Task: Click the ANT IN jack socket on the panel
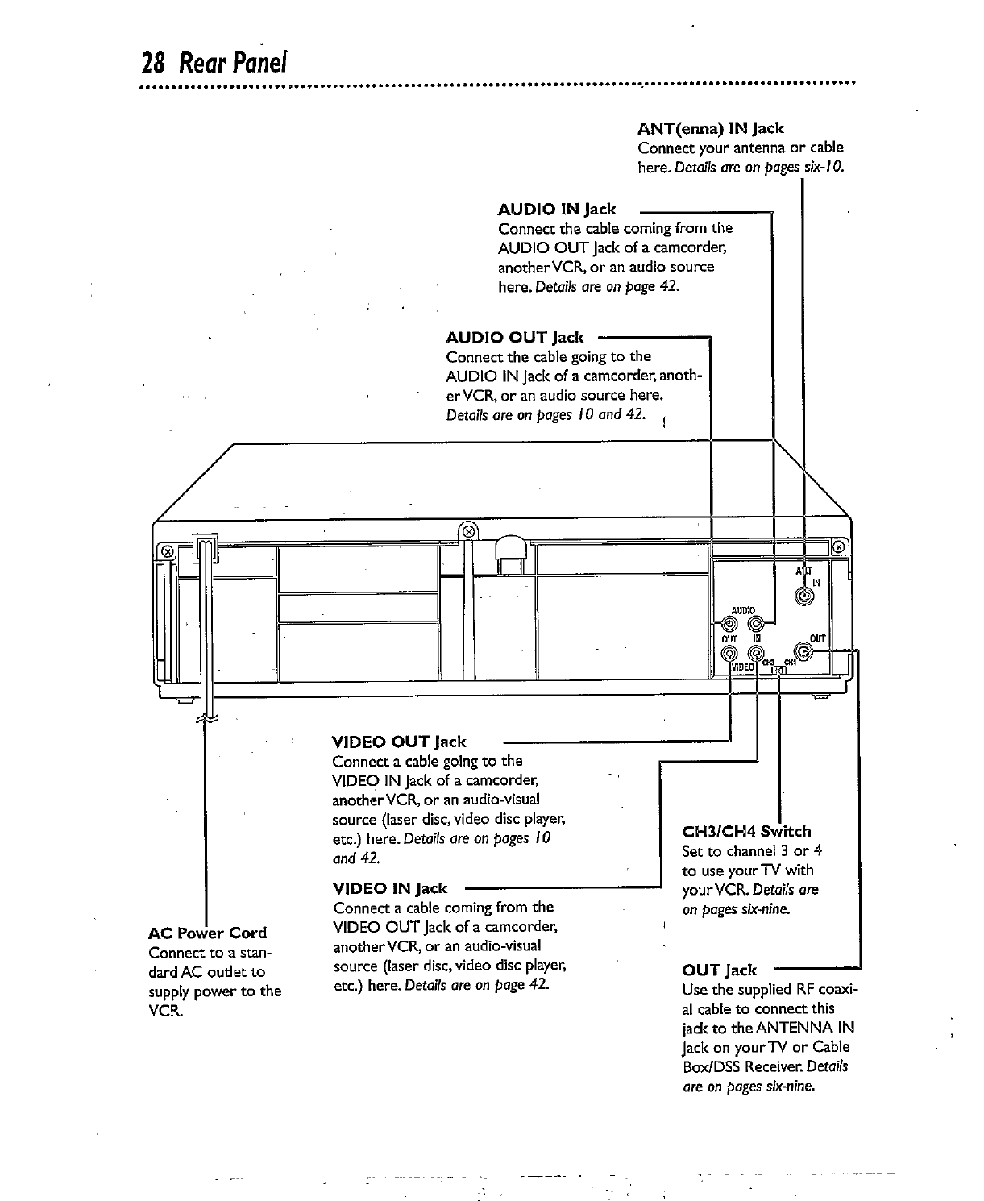(x=804, y=596)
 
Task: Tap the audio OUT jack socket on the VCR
(x=730, y=623)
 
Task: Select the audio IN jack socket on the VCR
(x=756, y=623)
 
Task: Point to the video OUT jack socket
(x=729, y=654)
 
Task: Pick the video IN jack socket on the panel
(x=756, y=654)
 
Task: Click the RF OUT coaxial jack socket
(x=804, y=651)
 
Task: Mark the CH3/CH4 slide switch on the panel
(x=778, y=671)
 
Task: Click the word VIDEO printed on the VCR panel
(x=741, y=668)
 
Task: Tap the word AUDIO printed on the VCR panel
(x=743, y=609)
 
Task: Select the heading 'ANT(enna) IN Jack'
(x=710, y=128)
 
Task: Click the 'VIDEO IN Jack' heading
(x=389, y=888)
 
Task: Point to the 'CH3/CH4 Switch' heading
(x=746, y=831)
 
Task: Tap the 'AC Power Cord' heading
(x=208, y=933)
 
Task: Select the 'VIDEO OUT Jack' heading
(x=399, y=742)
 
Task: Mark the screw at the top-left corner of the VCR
(x=168, y=551)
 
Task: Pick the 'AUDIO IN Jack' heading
(x=557, y=210)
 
